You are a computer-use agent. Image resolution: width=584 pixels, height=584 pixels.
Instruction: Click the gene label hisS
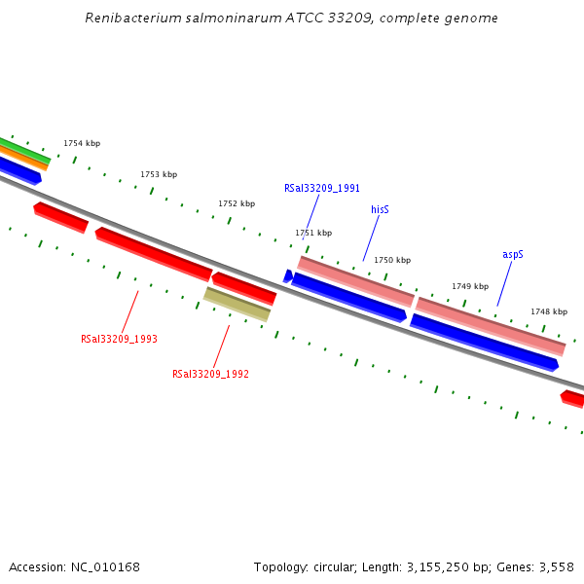(380, 209)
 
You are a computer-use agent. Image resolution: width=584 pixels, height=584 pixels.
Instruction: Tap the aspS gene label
(513, 254)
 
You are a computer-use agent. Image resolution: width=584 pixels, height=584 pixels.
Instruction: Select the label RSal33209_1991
(322, 188)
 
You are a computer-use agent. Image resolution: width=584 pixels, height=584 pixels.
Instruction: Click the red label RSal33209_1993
(119, 339)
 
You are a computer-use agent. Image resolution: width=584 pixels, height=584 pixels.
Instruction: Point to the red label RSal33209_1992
(210, 374)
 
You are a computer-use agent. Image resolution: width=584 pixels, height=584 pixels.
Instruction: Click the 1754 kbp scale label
(82, 143)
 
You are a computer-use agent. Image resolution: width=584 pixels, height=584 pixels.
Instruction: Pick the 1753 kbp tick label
(159, 174)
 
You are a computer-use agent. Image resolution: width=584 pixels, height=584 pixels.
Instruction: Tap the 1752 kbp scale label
(237, 203)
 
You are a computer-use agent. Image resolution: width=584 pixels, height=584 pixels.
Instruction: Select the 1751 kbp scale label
(313, 233)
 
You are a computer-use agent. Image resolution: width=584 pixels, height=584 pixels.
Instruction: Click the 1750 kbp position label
(392, 260)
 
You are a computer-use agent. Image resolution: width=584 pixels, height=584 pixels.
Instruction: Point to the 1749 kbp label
(470, 286)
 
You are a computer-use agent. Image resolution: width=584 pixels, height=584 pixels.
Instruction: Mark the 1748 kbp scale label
(549, 311)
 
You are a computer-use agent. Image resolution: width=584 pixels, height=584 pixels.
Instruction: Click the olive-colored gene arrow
(237, 304)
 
